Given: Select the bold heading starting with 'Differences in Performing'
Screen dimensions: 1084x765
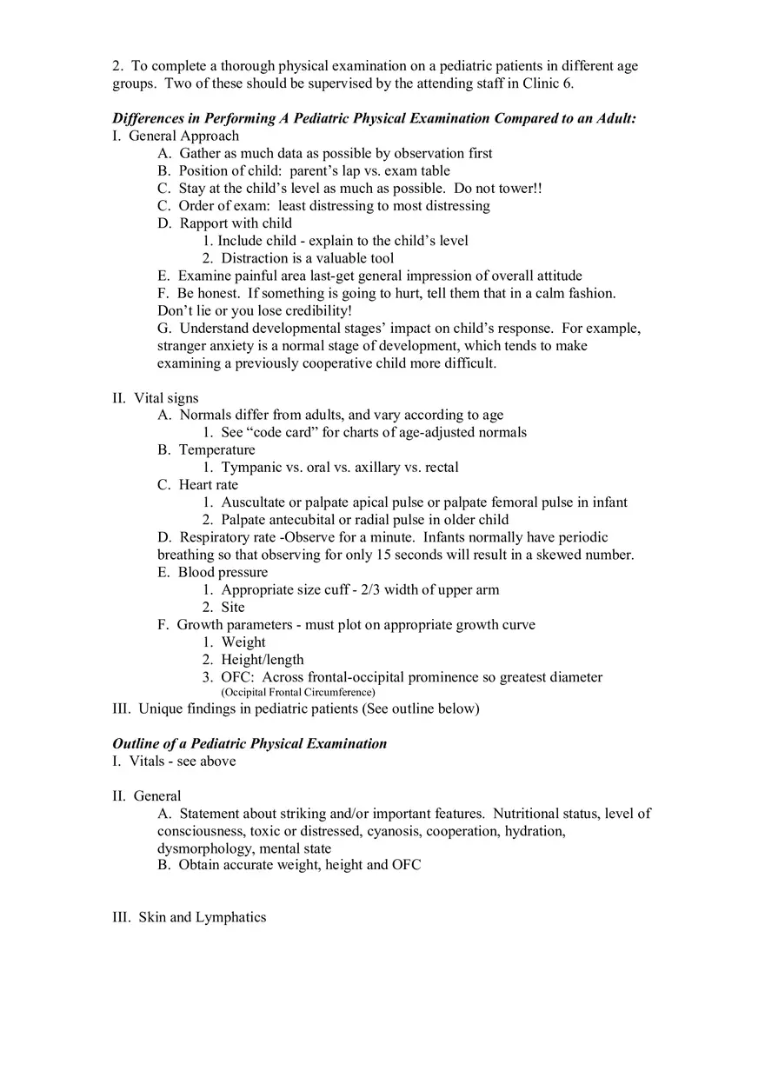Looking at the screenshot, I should point(374,118).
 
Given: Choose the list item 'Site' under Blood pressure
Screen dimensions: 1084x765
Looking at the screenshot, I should point(233,607).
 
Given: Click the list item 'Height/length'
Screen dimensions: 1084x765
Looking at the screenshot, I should point(263,659).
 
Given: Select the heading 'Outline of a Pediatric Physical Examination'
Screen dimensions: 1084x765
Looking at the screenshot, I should point(249,743).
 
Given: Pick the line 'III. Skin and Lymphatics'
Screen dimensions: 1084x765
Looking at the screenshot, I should point(190,917).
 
